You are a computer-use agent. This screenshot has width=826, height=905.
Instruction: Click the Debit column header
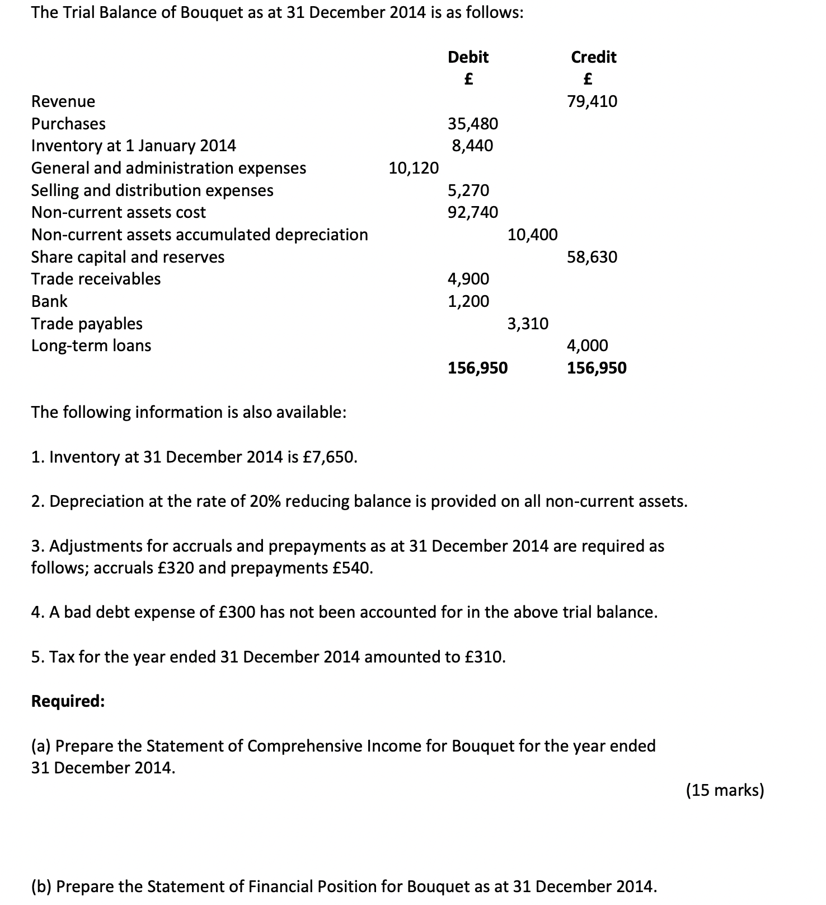point(468,57)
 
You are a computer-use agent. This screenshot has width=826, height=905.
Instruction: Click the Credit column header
point(593,57)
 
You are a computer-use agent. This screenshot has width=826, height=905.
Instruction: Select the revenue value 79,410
point(592,101)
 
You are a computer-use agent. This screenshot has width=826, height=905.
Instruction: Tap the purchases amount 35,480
point(473,123)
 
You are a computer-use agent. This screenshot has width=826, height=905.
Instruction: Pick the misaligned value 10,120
point(414,167)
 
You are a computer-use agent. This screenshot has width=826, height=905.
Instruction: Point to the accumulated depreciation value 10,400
point(532,235)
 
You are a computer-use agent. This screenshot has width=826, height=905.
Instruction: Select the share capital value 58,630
point(592,257)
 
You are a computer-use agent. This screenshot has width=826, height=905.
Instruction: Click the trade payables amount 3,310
point(528,324)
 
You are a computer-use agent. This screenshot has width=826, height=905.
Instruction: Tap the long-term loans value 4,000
point(588,346)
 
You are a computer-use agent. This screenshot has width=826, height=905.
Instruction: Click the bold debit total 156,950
point(478,368)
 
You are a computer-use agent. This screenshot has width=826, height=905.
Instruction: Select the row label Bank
point(49,301)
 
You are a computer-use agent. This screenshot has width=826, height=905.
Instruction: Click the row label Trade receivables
point(96,279)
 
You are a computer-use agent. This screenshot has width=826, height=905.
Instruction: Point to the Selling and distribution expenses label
point(152,190)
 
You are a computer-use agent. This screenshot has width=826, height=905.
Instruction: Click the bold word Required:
point(68,701)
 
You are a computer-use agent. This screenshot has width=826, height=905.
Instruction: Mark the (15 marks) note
point(725,790)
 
